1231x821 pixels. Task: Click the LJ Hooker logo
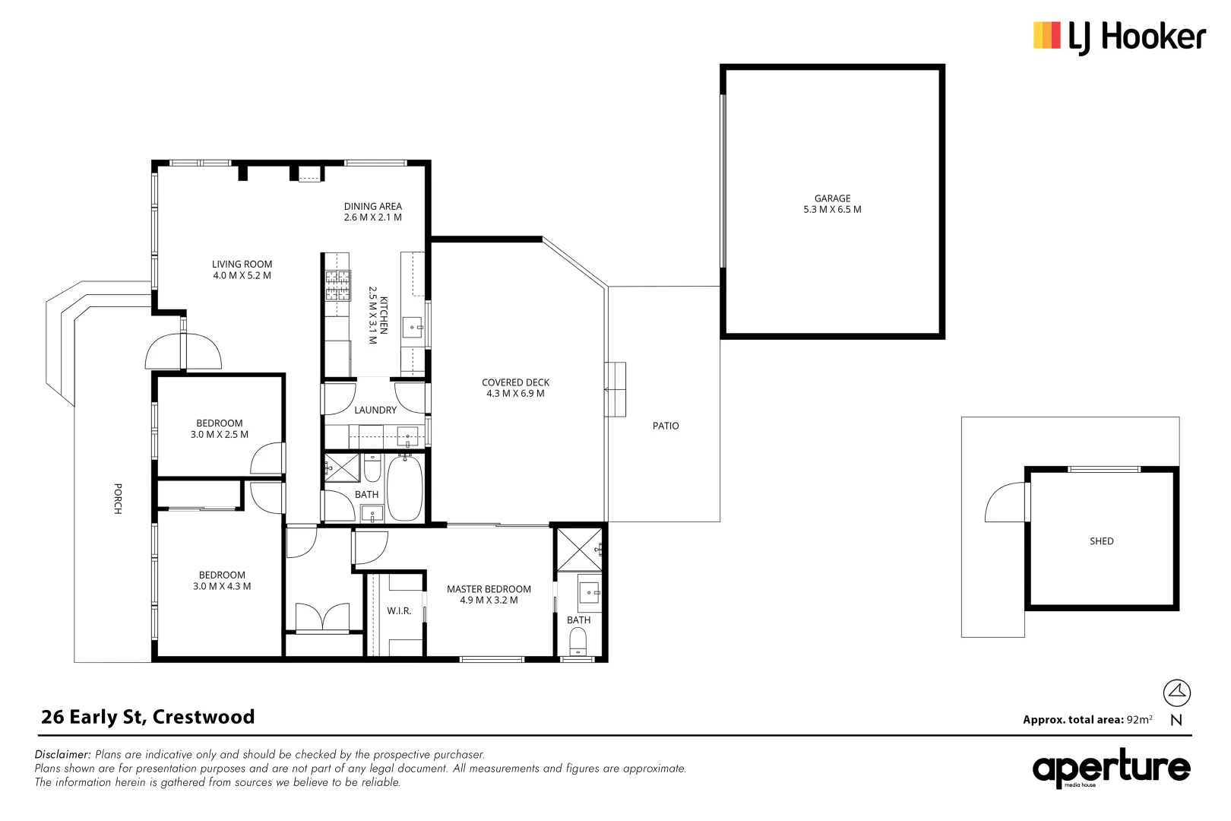coord(1119,37)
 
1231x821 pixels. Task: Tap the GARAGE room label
coord(832,198)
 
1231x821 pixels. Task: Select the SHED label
coord(1101,541)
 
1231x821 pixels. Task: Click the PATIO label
coord(666,426)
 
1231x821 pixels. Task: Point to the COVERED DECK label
coord(515,382)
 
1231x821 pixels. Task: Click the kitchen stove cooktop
coord(338,285)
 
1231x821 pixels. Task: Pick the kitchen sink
coord(413,327)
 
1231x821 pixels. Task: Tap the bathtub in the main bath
coord(405,488)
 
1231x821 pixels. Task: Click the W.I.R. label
coord(399,611)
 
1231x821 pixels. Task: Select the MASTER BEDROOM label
coord(489,589)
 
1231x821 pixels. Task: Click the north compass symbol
coord(1176,693)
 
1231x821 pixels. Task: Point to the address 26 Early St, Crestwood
coord(148,717)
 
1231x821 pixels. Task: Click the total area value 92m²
coord(1139,719)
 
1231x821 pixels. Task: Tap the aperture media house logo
coord(1111,768)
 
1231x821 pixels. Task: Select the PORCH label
coord(118,499)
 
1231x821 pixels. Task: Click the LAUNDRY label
coord(375,410)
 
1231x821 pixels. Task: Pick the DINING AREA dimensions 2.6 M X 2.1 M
coord(372,217)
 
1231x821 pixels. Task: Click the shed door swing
coord(1005,502)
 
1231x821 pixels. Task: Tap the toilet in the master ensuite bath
coord(578,642)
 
